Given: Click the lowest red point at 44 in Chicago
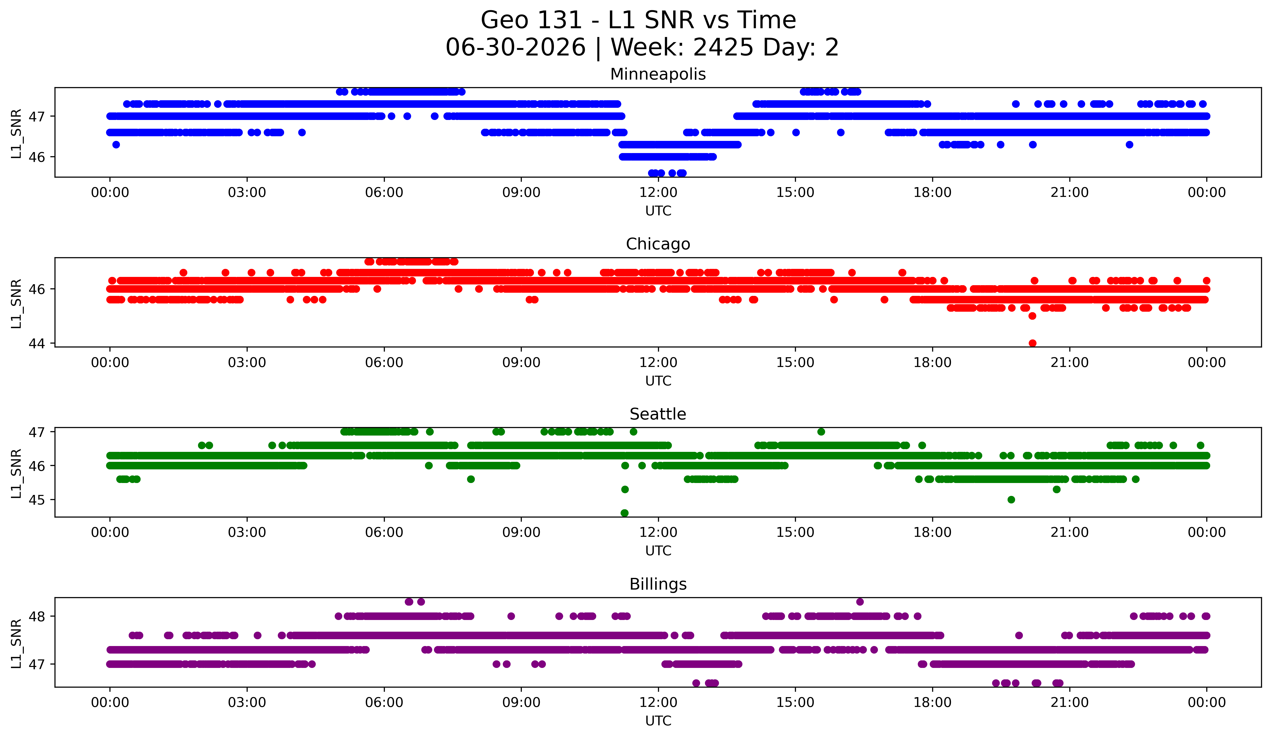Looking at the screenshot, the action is point(1032,343).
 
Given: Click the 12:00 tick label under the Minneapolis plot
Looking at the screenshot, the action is point(658,193).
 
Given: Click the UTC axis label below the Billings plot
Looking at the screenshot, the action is point(658,721).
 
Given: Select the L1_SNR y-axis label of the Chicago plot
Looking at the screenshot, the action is point(16,304).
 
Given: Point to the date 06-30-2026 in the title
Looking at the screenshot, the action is point(515,47).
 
